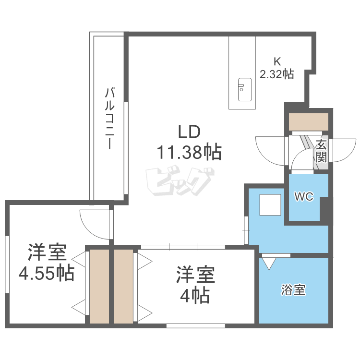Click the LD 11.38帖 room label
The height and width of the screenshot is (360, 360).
[x=189, y=142]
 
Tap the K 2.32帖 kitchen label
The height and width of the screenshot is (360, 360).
[x=276, y=68]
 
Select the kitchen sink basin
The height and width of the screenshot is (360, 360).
[x=245, y=90]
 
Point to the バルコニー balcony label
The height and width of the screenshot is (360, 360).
[x=109, y=118]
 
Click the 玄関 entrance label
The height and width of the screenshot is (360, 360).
[x=321, y=151]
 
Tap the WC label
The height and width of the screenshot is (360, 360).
[x=304, y=197]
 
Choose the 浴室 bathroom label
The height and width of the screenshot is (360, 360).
[x=293, y=289]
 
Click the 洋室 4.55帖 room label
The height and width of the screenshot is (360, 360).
[x=47, y=263]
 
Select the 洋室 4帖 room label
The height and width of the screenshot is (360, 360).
[x=195, y=285]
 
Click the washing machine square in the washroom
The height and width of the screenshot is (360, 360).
[x=270, y=205]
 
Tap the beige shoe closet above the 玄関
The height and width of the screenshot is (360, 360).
[x=308, y=122]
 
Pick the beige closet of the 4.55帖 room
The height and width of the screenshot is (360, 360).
[x=99, y=287]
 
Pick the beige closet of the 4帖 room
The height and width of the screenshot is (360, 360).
[x=123, y=287]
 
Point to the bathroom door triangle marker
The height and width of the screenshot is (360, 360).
[x=269, y=264]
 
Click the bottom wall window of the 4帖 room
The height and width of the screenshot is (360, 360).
[x=196, y=325]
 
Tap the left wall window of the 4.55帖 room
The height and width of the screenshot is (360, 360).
[x=7, y=264]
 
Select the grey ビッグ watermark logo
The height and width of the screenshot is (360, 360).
[x=180, y=181]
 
